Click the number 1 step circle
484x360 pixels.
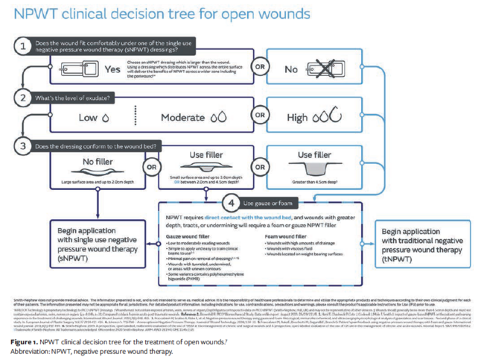[24, 45]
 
